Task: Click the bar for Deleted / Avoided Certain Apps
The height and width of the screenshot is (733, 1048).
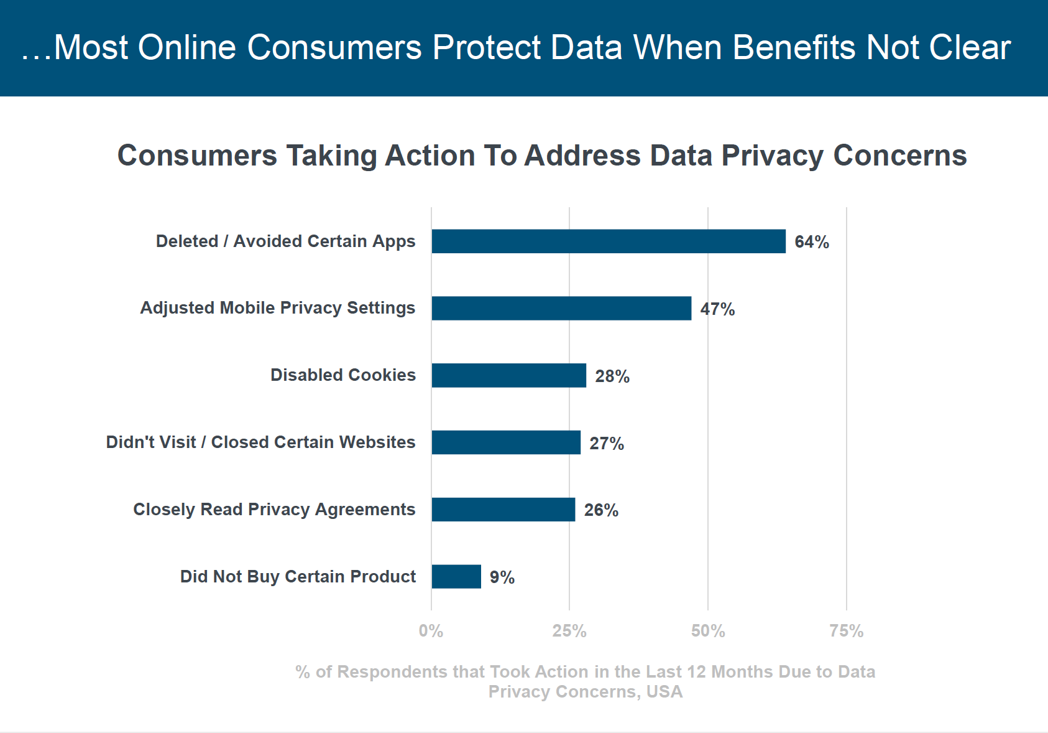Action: pyautogui.click(x=609, y=241)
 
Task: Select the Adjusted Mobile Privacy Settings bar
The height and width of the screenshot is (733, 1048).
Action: pyautogui.click(x=561, y=309)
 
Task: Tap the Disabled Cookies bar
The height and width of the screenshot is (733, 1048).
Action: pyautogui.click(x=509, y=376)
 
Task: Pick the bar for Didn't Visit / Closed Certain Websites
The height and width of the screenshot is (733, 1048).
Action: pyautogui.click(x=506, y=442)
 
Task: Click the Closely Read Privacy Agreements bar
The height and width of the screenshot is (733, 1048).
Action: pyautogui.click(x=503, y=510)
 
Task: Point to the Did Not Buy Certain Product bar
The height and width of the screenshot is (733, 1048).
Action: pyautogui.click(x=456, y=577)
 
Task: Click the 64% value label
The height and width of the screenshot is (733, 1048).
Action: pyautogui.click(x=812, y=242)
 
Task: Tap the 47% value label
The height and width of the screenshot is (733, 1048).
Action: pyautogui.click(x=717, y=309)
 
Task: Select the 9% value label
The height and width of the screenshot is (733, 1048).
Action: pyautogui.click(x=502, y=577)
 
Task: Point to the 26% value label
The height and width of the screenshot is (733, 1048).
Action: pyautogui.click(x=601, y=510)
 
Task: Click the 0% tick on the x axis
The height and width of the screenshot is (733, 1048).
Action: pyautogui.click(x=431, y=631)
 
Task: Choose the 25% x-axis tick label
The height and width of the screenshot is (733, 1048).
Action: pyautogui.click(x=569, y=631)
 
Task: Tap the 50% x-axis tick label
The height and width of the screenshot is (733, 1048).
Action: pyautogui.click(x=708, y=631)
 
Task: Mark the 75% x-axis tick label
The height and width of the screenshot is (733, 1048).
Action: pyautogui.click(x=847, y=631)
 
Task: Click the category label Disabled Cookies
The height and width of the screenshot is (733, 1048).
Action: pyautogui.click(x=343, y=375)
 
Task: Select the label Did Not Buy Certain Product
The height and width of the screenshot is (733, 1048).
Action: pyautogui.click(x=298, y=577)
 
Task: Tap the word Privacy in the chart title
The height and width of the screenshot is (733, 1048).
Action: pyautogui.click(x=773, y=156)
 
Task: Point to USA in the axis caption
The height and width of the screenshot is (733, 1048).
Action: pyautogui.click(x=664, y=692)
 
